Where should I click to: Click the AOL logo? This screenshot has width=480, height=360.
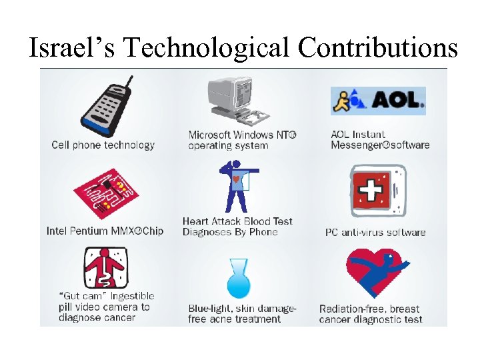point(377,101)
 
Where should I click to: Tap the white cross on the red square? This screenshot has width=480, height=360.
point(369,192)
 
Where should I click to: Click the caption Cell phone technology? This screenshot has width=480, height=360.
point(103,145)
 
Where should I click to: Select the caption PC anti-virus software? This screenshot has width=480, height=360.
point(375,233)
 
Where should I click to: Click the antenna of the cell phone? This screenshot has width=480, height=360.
point(129,84)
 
